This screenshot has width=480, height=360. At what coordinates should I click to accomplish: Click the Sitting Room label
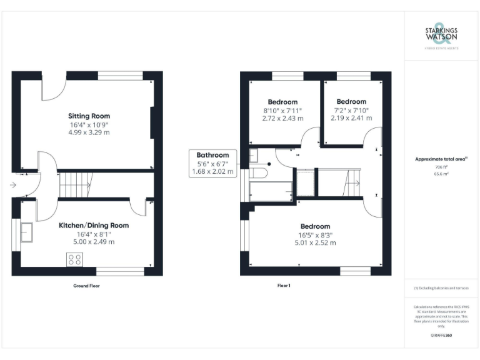tap(89, 116)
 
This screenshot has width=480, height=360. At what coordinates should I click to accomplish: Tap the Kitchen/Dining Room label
tap(94, 225)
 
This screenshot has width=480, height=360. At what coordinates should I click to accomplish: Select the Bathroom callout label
tap(212, 155)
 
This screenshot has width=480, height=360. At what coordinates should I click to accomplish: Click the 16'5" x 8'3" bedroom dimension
tap(315, 235)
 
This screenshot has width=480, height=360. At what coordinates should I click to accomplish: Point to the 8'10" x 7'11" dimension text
tap(282, 111)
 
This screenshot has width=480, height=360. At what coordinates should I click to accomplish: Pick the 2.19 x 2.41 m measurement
tap(351, 117)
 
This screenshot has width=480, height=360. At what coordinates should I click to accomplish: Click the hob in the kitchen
tap(75, 259)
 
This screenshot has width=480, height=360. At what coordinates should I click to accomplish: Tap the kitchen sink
tap(27, 231)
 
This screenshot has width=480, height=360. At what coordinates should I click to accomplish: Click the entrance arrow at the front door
tap(14, 185)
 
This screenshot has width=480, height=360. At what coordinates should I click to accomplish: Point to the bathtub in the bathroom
tap(271, 190)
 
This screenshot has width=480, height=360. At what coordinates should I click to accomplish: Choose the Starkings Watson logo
tap(441, 36)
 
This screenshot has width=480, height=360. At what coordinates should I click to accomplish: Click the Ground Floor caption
tap(86, 286)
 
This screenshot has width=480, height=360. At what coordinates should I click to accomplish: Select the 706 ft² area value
tap(441, 168)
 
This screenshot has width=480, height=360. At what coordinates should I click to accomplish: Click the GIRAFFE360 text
tap(441, 336)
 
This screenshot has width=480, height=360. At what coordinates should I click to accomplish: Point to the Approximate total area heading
tap(440, 159)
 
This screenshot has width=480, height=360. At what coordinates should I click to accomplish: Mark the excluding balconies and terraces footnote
tap(441, 288)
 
